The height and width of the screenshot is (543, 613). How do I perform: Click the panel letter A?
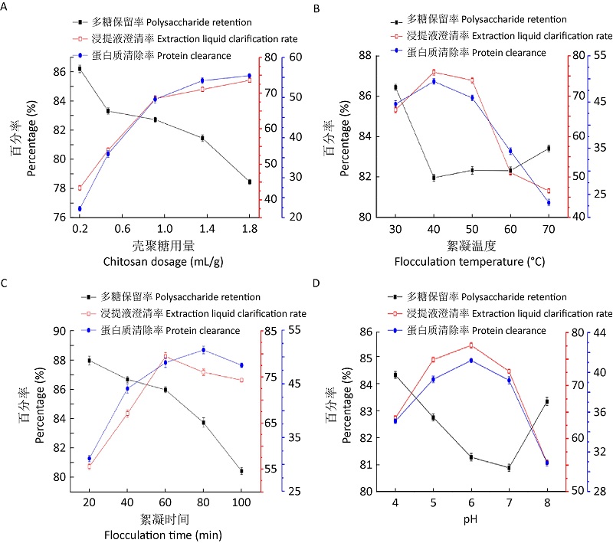click(x=5, y=8)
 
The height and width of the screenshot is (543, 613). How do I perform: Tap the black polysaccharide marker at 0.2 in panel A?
click(x=80, y=69)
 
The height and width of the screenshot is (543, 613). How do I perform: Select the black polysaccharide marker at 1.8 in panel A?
click(x=249, y=182)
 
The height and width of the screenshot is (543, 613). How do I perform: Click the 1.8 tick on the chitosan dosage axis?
click(x=249, y=229)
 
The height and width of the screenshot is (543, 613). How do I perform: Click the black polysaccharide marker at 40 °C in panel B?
click(x=434, y=178)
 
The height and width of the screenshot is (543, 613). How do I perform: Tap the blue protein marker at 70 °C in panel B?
click(x=548, y=202)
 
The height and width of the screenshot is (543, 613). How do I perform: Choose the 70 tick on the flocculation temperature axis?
click(x=548, y=229)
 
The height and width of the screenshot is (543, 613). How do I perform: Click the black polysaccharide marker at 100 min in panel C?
click(x=241, y=471)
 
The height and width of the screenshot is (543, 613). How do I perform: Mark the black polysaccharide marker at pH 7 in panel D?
click(x=509, y=468)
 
